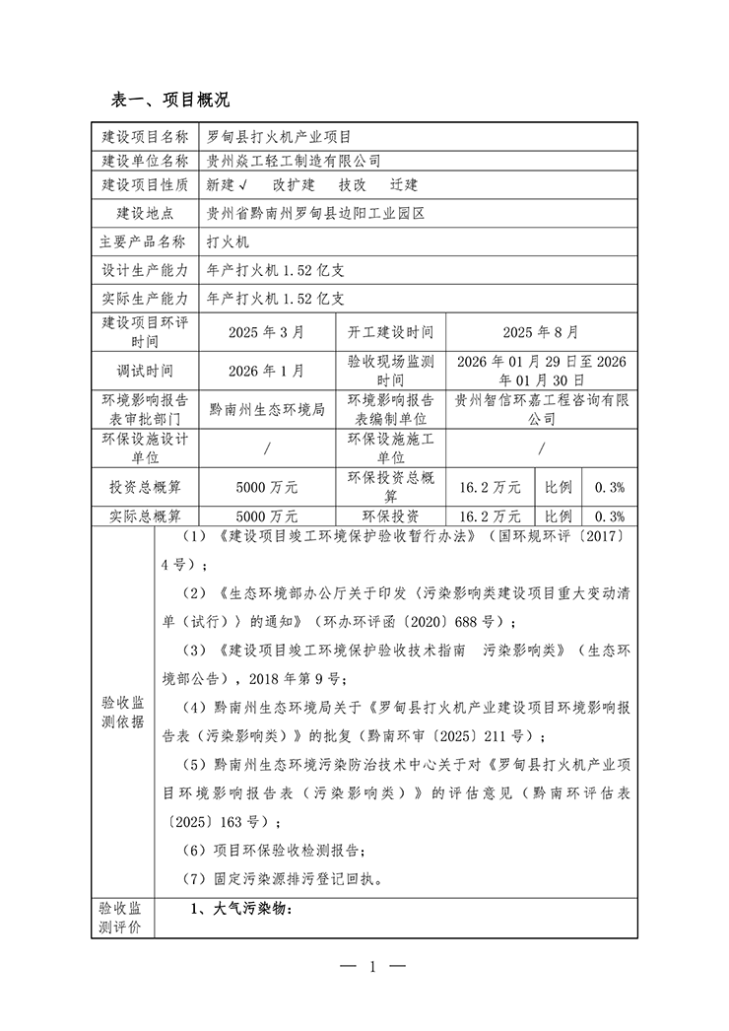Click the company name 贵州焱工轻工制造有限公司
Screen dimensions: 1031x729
click(x=294, y=160)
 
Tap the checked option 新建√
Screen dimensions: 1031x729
click(x=226, y=184)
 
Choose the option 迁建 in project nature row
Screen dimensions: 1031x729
click(x=404, y=184)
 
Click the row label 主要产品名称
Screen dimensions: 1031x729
click(x=144, y=241)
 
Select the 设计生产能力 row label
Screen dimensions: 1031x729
click(x=144, y=268)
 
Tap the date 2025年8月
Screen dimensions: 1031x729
click(x=541, y=333)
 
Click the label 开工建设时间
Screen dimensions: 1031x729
click(x=390, y=333)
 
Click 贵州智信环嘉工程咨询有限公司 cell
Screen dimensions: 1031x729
click(x=541, y=409)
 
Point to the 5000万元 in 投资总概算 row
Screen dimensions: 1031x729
click(x=266, y=487)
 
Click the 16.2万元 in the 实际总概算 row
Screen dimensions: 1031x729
click(x=491, y=515)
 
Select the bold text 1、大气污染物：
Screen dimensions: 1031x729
click(x=241, y=909)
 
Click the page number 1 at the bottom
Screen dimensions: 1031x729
click(x=373, y=967)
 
